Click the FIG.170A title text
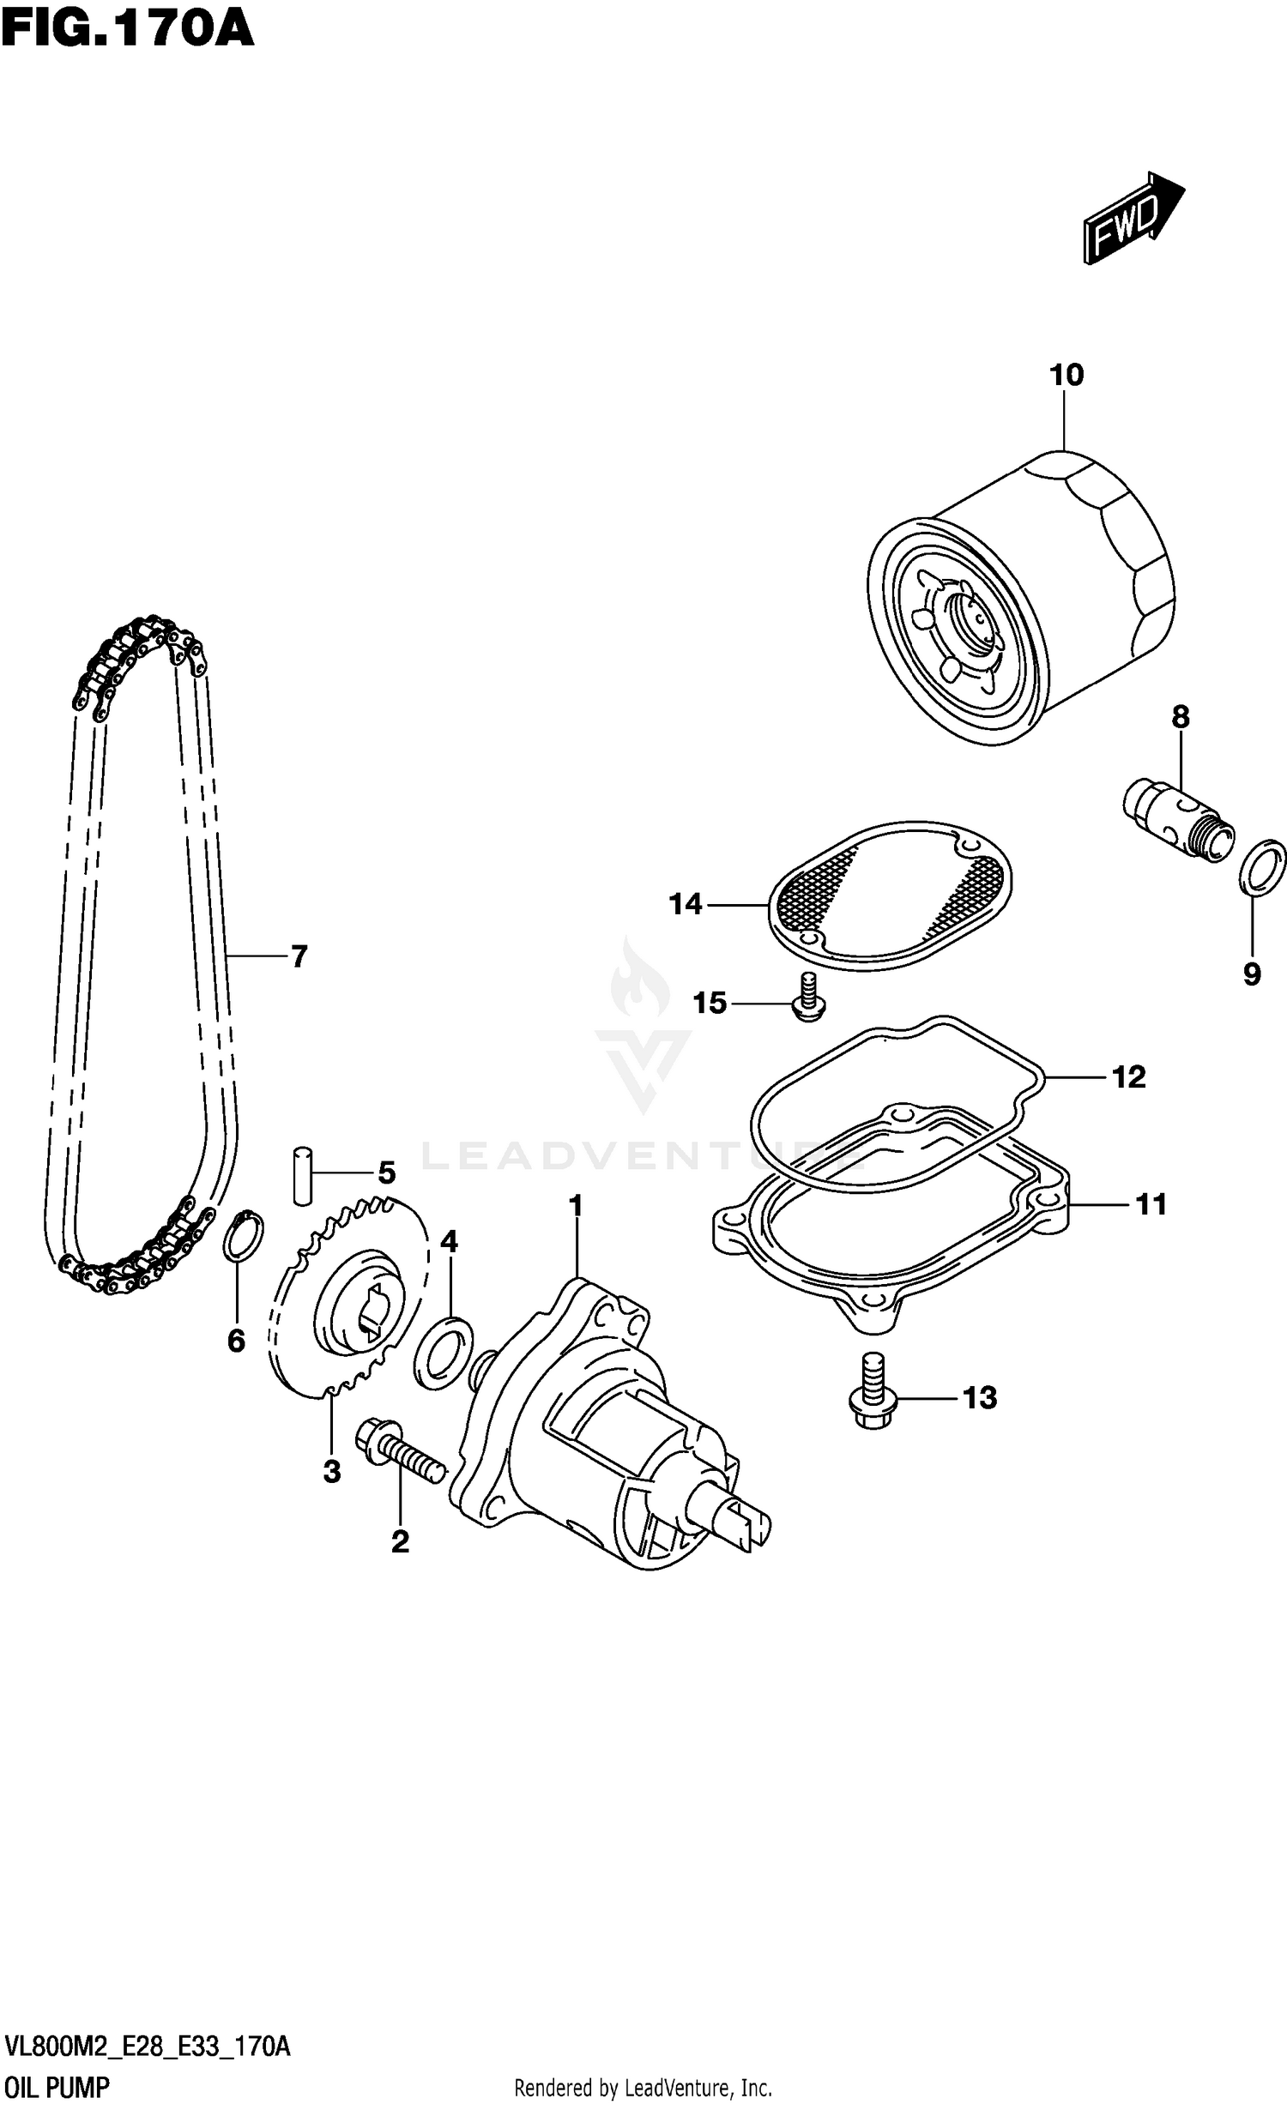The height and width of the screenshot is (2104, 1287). [127, 27]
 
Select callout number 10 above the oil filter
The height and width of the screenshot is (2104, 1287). [1066, 375]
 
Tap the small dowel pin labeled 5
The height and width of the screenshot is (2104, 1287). [301, 1175]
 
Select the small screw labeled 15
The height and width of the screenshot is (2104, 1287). [806, 998]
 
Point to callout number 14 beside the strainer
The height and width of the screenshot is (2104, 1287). [686, 904]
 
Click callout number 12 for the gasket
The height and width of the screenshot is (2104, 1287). [1128, 1077]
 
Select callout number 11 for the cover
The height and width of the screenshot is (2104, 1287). [1151, 1205]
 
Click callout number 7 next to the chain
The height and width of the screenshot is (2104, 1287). [299, 956]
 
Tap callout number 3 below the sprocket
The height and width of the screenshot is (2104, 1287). [332, 1472]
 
